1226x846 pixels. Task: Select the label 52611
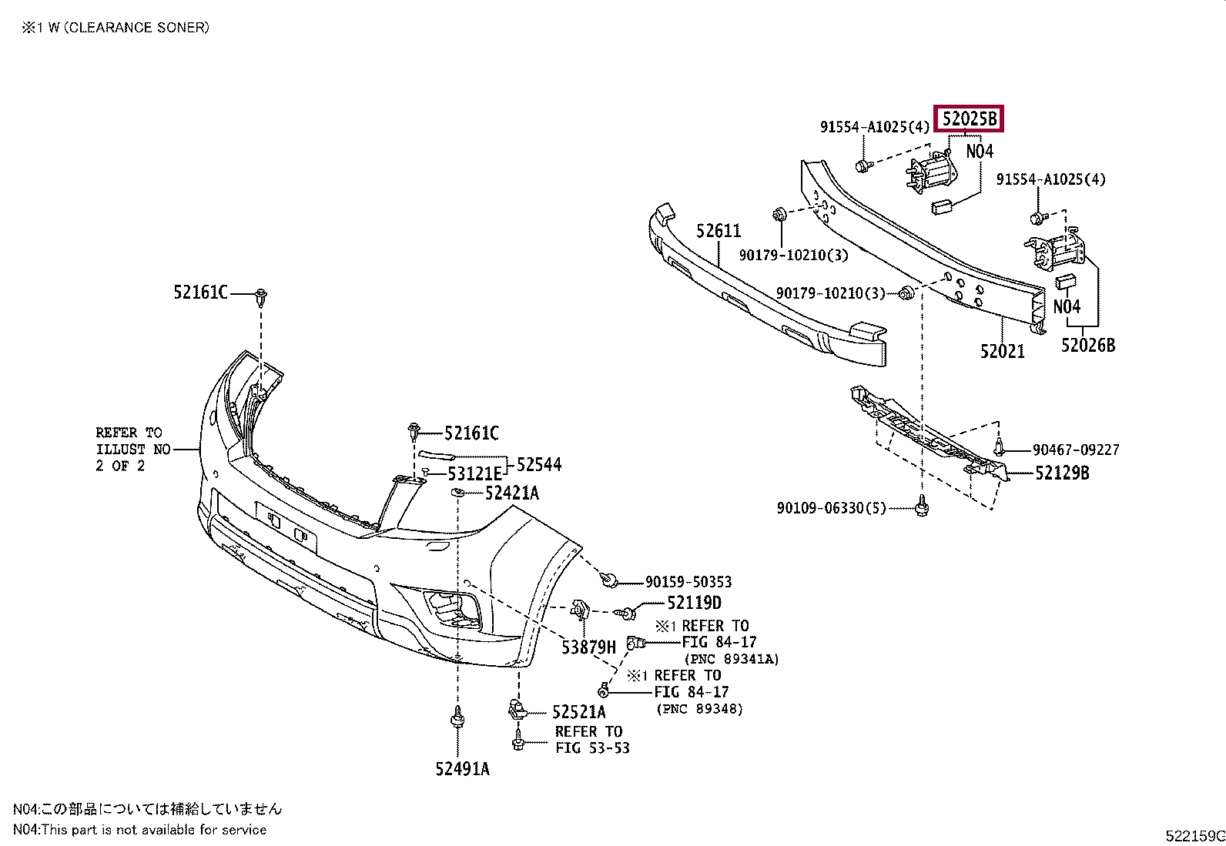(x=718, y=231)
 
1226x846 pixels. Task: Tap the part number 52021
(x=1002, y=351)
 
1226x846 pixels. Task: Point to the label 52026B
(x=1087, y=346)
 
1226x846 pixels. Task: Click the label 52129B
(x=1062, y=473)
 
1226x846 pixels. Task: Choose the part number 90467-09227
(x=1076, y=450)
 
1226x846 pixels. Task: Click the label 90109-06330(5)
(x=832, y=508)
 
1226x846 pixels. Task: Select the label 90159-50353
(x=688, y=582)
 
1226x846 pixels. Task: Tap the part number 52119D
(x=694, y=603)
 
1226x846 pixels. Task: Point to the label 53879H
(x=588, y=647)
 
